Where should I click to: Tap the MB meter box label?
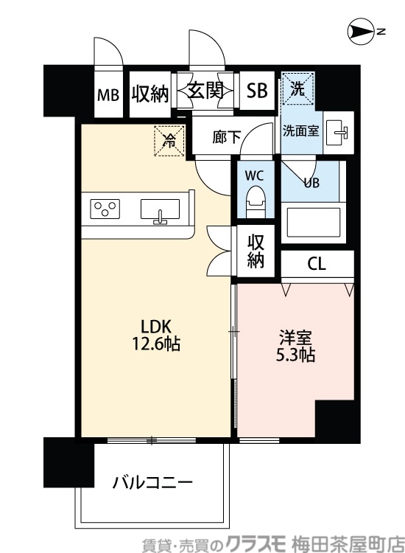click(108, 95)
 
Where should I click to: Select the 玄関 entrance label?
click(205, 91)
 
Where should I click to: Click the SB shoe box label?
click(257, 91)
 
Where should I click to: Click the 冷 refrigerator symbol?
click(169, 139)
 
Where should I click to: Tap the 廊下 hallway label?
click(227, 137)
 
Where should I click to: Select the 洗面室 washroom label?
click(301, 131)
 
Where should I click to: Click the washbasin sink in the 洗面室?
click(339, 132)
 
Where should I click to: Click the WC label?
click(254, 176)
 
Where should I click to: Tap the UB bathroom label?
click(311, 183)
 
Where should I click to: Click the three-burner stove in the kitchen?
click(106, 208)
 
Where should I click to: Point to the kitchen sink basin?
click(161, 209)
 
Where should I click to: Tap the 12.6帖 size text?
click(155, 343)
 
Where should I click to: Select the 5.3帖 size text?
click(296, 355)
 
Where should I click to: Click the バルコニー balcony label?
click(153, 484)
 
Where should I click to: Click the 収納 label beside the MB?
click(150, 93)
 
